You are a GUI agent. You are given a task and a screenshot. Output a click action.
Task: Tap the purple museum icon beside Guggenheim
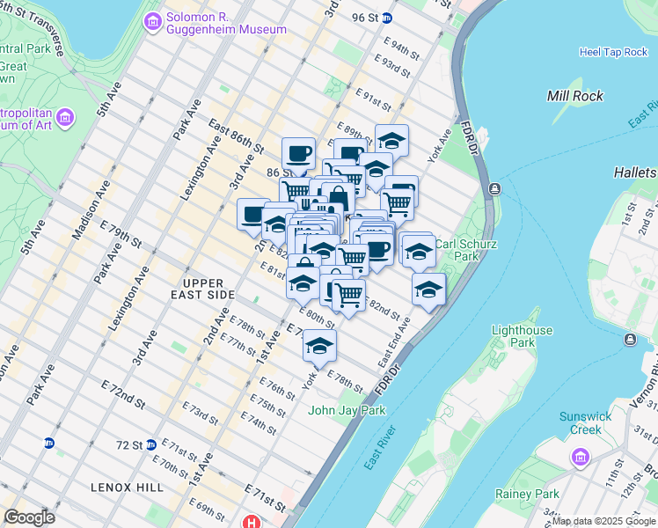click(153, 19)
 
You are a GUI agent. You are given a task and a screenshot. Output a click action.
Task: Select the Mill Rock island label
click(575, 96)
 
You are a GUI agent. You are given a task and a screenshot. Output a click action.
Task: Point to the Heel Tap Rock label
click(613, 52)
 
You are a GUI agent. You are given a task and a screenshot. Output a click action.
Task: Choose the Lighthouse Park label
click(523, 336)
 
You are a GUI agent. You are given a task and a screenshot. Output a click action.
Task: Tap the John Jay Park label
click(347, 410)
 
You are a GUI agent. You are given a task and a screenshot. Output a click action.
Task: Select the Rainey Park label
click(527, 495)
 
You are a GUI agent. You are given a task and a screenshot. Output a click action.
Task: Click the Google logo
click(29, 517)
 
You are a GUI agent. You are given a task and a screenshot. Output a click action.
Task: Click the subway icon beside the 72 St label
click(151, 444)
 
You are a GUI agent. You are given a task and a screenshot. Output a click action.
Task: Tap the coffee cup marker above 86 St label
click(298, 154)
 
